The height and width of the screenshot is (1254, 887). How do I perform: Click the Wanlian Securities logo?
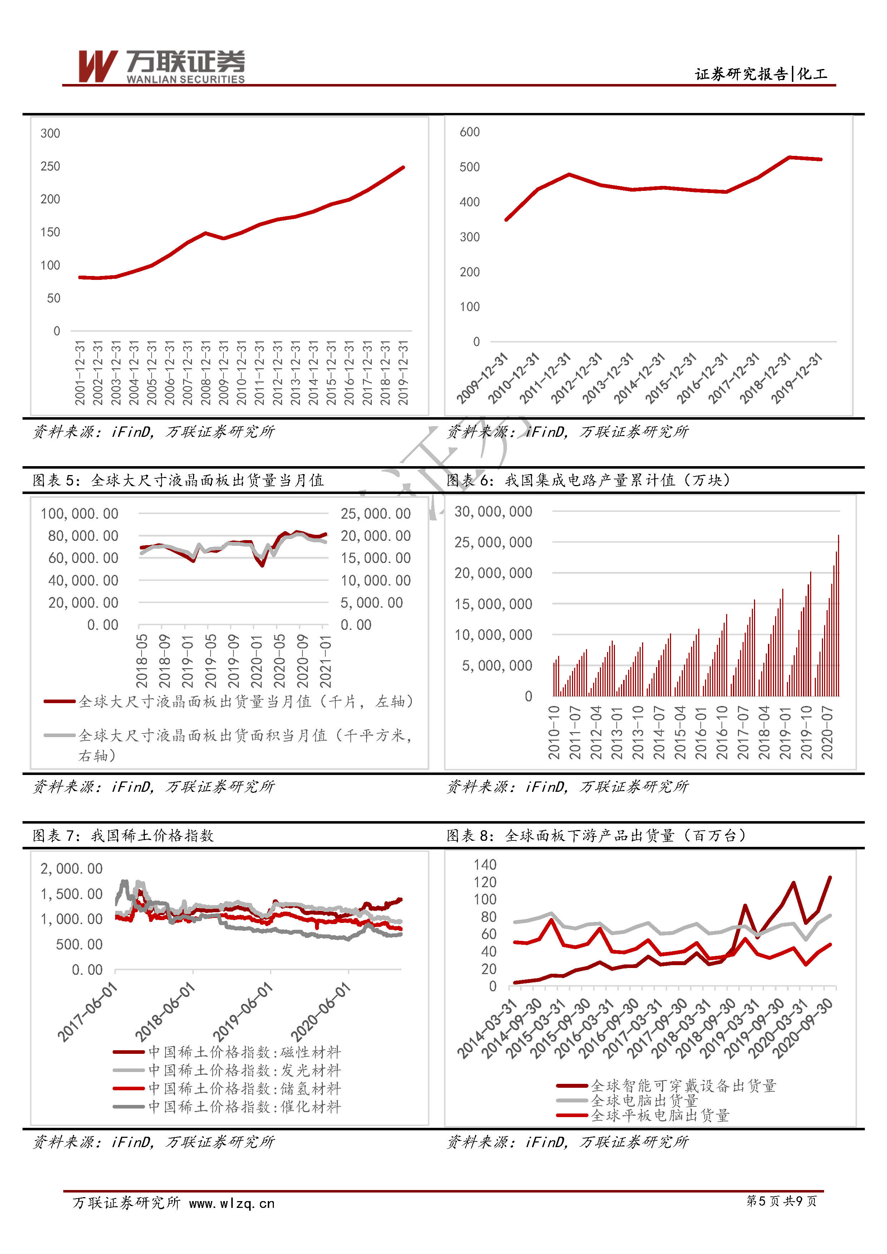[162, 66]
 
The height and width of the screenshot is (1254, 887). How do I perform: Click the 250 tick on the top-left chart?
[50, 166]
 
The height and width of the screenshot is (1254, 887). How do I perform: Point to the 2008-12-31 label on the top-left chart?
[205, 373]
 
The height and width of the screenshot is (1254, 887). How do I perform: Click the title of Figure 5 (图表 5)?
[178, 480]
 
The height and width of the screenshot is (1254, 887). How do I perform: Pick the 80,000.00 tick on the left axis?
[83, 536]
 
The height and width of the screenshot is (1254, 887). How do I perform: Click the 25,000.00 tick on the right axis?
[376, 513]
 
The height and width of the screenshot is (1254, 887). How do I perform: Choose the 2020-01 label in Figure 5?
[256, 661]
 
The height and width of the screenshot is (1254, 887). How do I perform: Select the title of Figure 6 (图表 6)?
[588, 480]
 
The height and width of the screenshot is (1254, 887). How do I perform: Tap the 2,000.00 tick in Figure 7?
[72, 868]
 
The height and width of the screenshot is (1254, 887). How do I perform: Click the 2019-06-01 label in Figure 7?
[242, 1012]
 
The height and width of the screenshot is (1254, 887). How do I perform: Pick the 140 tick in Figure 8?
[485, 865]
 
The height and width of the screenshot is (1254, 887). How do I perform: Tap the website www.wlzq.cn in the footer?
[232, 1204]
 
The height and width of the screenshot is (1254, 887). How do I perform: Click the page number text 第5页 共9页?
[782, 1201]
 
